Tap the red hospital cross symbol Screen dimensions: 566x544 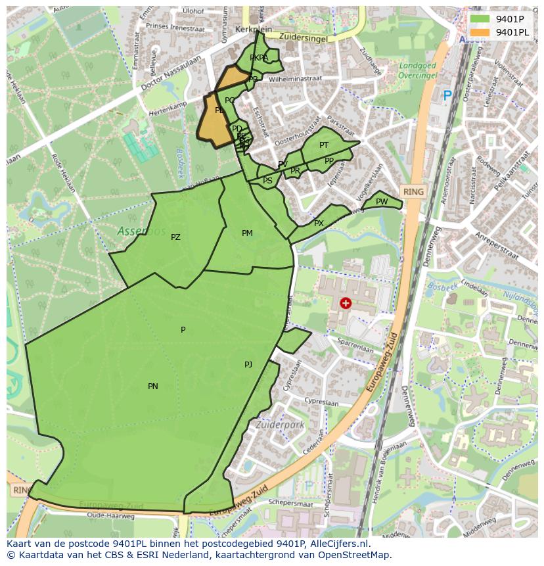346,303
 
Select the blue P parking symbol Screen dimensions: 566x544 447,96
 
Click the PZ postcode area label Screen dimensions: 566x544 175,237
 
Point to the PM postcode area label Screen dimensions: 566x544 247,233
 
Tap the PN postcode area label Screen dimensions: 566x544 153,387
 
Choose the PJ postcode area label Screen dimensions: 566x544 248,364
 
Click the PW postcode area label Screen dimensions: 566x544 382,202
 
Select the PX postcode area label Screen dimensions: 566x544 319,224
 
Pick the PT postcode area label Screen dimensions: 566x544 324,145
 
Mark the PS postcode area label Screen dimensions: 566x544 267,181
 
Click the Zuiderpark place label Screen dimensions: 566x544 281,425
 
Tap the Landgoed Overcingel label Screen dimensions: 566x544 418,70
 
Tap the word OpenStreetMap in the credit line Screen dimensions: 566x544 359,554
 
